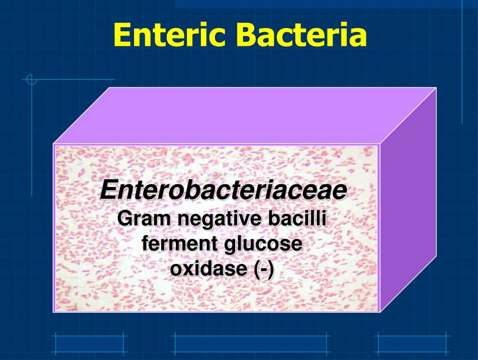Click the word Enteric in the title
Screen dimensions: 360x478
[x=169, y=35]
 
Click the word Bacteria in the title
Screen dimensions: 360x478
[x=301, y=35]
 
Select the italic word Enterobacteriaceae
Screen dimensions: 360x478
[x=223, y=190]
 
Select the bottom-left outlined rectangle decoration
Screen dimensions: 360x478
[x=89, y=344]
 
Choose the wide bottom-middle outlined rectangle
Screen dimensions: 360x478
[x=250, y=344]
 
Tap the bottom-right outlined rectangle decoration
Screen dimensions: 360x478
[x=412, y=344]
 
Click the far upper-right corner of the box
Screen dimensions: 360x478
[x=436, y=88]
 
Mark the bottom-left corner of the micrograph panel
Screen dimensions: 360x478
[x=54, y=311]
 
